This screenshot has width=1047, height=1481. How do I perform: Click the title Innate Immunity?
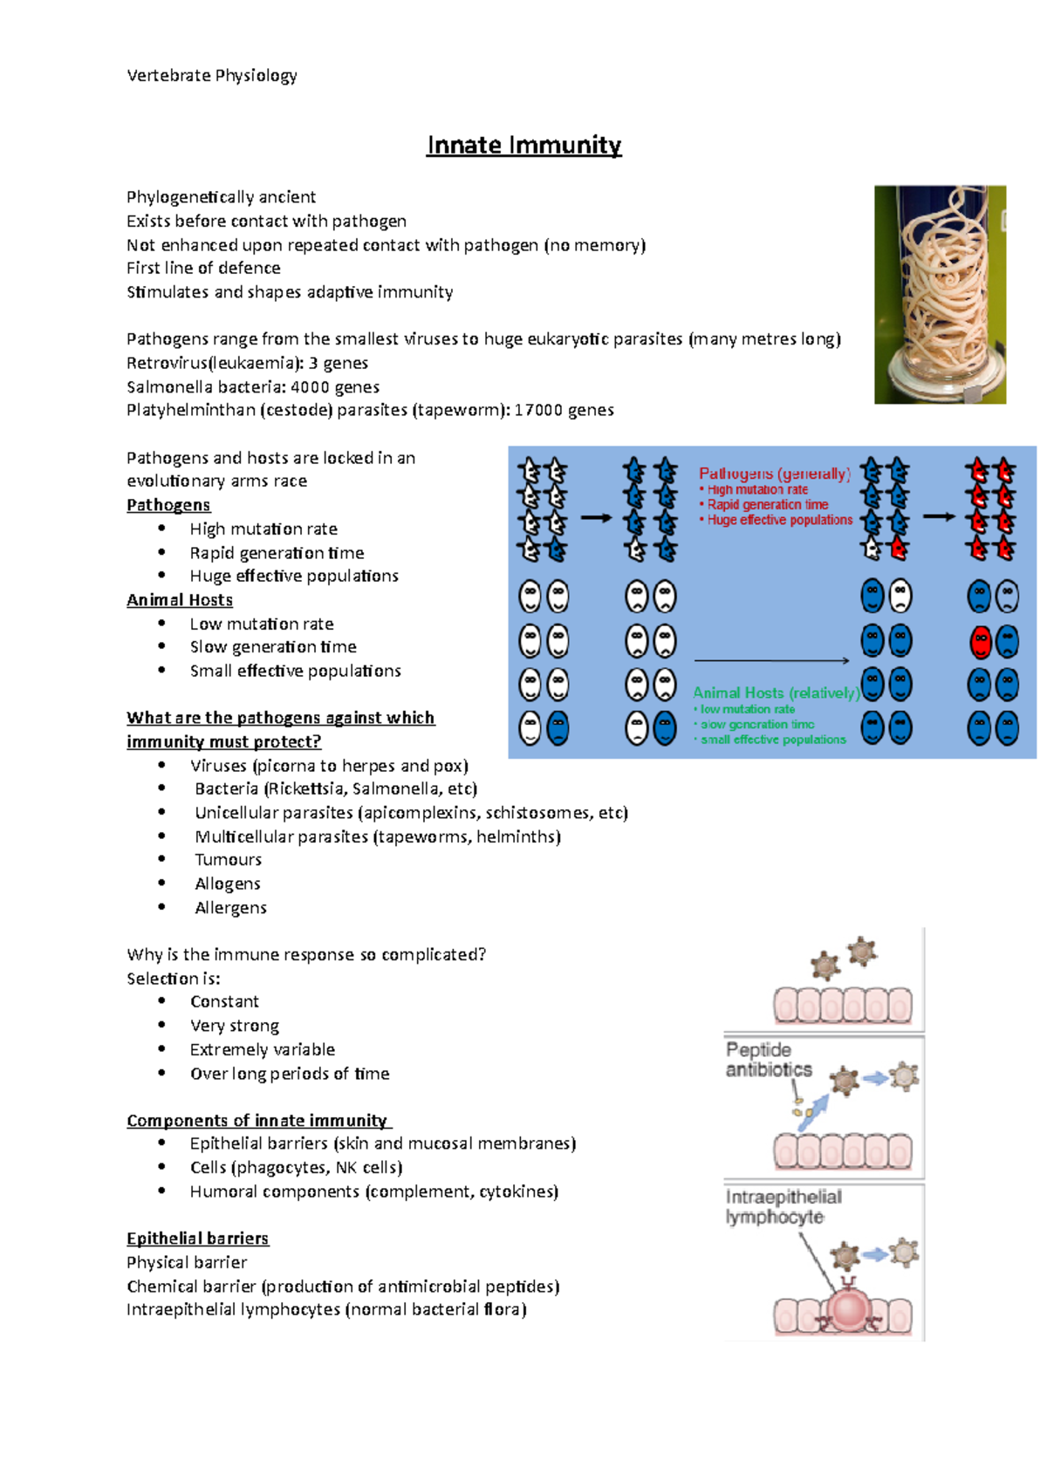[523, 145]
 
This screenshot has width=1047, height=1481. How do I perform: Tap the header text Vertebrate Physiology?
[212, 76]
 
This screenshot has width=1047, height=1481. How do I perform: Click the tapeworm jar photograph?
[940, 294]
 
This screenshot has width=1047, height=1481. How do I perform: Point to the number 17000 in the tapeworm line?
[537, 410]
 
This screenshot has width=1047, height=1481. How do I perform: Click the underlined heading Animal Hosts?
[180, 600]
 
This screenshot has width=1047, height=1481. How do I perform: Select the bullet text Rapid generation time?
[277, 553]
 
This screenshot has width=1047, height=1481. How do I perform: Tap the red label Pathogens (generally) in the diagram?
[774, 474]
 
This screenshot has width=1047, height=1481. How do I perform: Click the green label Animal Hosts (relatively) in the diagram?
[776, 693]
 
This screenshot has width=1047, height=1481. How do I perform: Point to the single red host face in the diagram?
[981, 643]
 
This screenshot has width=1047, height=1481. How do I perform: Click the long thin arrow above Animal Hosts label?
[771, 661]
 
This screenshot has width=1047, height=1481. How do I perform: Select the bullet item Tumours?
[228, 860]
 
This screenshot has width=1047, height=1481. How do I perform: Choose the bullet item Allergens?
[230, 908]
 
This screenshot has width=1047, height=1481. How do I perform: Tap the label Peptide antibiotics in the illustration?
[768, 1060]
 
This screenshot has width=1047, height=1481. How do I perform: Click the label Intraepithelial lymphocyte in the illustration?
[783, 1207]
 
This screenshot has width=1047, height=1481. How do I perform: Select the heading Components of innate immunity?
[257, 1121]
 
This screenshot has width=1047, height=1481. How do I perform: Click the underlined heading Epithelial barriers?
[197, 1239]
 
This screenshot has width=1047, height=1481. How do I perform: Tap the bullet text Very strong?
[235, 1026]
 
